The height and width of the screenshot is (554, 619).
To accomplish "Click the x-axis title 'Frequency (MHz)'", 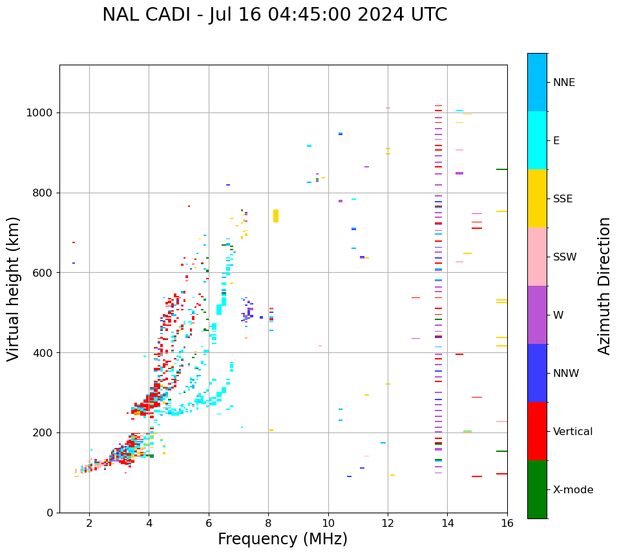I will pyautogui.click(x=282, y=539).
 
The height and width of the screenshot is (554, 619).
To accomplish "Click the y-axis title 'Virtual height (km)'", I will pyautogui.click(x=14, y=288).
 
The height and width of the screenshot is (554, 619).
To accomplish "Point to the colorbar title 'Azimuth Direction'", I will pyautogui.click(x=604, y=286).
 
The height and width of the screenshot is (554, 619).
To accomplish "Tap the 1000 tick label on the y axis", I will pyautogui.click(x=39, y=113).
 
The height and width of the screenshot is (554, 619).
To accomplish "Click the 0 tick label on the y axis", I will pyautogui.click(x=49, y=513).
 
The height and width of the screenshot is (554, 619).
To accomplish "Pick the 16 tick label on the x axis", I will pyautogui.click(x=507, y=523).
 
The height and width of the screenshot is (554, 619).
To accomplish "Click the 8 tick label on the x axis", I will pyautogui.click(x=268, y=523).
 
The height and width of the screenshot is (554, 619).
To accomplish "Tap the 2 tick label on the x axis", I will pyautogui.click(x=89, y=523).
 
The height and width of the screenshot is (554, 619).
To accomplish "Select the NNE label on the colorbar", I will pyautogui.click(x=564, y=83).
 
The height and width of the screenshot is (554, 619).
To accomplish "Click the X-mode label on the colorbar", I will pyautogui.click(x=573, y=490).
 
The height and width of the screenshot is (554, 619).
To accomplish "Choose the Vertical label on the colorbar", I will pyautogui.click(x=572, y=432).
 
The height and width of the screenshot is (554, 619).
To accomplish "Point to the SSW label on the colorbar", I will pyautogui.click(x=565, y=257).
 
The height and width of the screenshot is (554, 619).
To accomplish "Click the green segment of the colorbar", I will pyautogui.click(x=537, y=489).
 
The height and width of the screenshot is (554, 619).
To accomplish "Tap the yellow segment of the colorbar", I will pyautogui.click(x=537, y=198).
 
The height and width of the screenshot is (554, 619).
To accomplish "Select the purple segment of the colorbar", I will pyautogui.click(x=537, y=315).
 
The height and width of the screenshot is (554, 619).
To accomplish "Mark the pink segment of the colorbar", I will pyautogui.click(x=537, y=257).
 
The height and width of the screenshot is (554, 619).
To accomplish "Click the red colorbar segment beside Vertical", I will pyautogui.click(x=537, y=431).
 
